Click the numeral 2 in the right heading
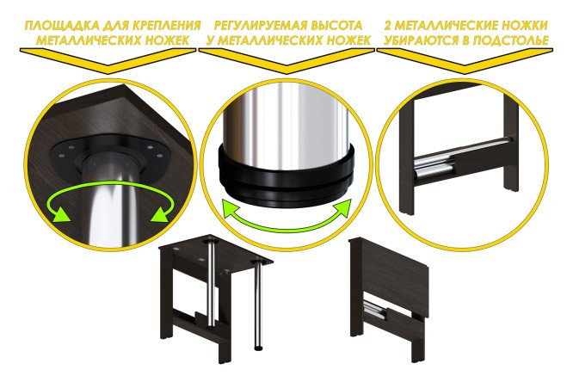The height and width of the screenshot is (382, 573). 389,26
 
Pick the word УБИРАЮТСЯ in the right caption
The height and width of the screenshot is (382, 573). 419,40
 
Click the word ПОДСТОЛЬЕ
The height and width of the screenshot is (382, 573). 512,40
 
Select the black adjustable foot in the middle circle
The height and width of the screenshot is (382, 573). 286,172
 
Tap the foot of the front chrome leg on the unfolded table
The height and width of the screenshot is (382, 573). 258,348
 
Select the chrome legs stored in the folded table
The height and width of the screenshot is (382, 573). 373,310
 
